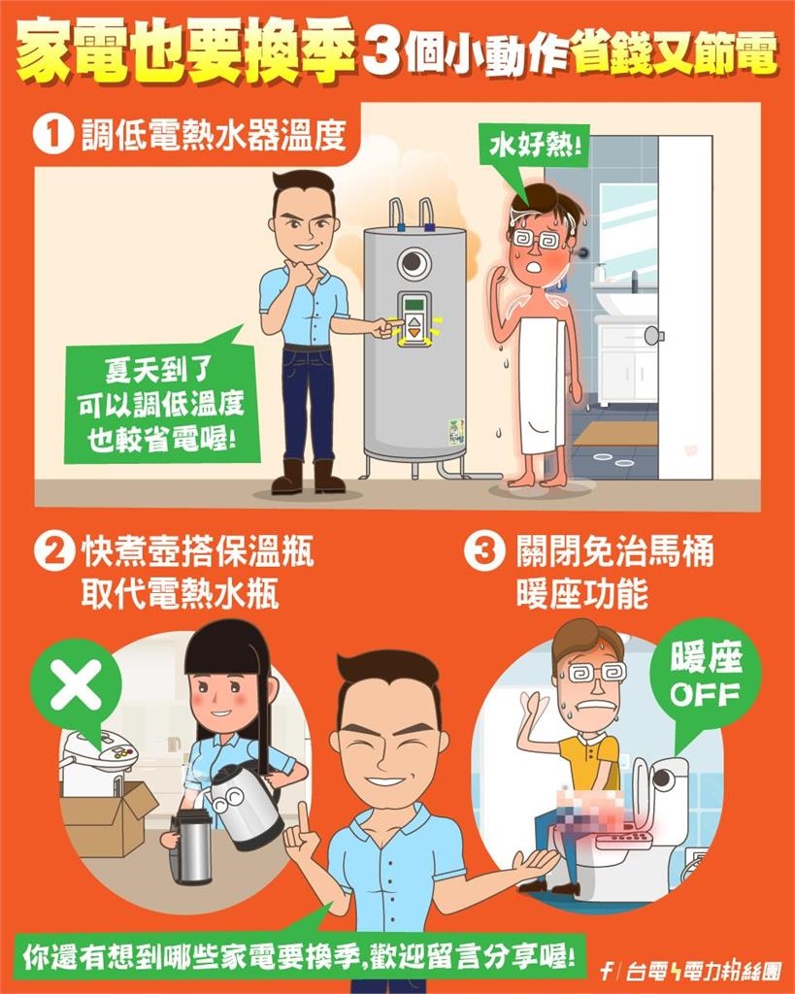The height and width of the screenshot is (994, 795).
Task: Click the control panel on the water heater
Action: point(415,318)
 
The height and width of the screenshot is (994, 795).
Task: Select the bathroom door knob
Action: point(655,335)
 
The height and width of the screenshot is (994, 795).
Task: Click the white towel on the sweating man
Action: point(540,383)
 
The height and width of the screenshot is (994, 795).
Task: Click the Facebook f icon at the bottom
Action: point(607,971)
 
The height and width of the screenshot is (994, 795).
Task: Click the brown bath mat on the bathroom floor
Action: point(613,433)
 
